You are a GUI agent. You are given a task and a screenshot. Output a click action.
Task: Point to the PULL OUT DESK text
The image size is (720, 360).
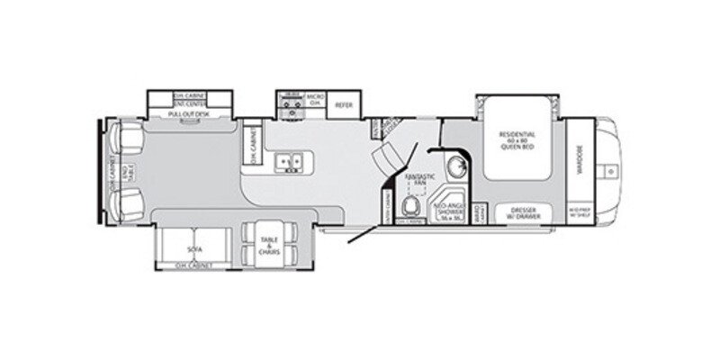pyautogui.click(x=189, y=116)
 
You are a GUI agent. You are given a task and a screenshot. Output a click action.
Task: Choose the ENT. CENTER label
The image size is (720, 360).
pyautogui.click(x=190, y=105)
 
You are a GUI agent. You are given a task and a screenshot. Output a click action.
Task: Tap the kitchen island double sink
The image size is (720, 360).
pyautogui.click(x=291, y=162)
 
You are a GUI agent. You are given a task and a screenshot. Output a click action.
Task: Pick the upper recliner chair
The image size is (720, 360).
pyautogui.click(x=126, y=139)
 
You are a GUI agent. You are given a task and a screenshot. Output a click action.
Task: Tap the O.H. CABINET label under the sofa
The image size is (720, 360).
pyautogui.click(x=194, y=267)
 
